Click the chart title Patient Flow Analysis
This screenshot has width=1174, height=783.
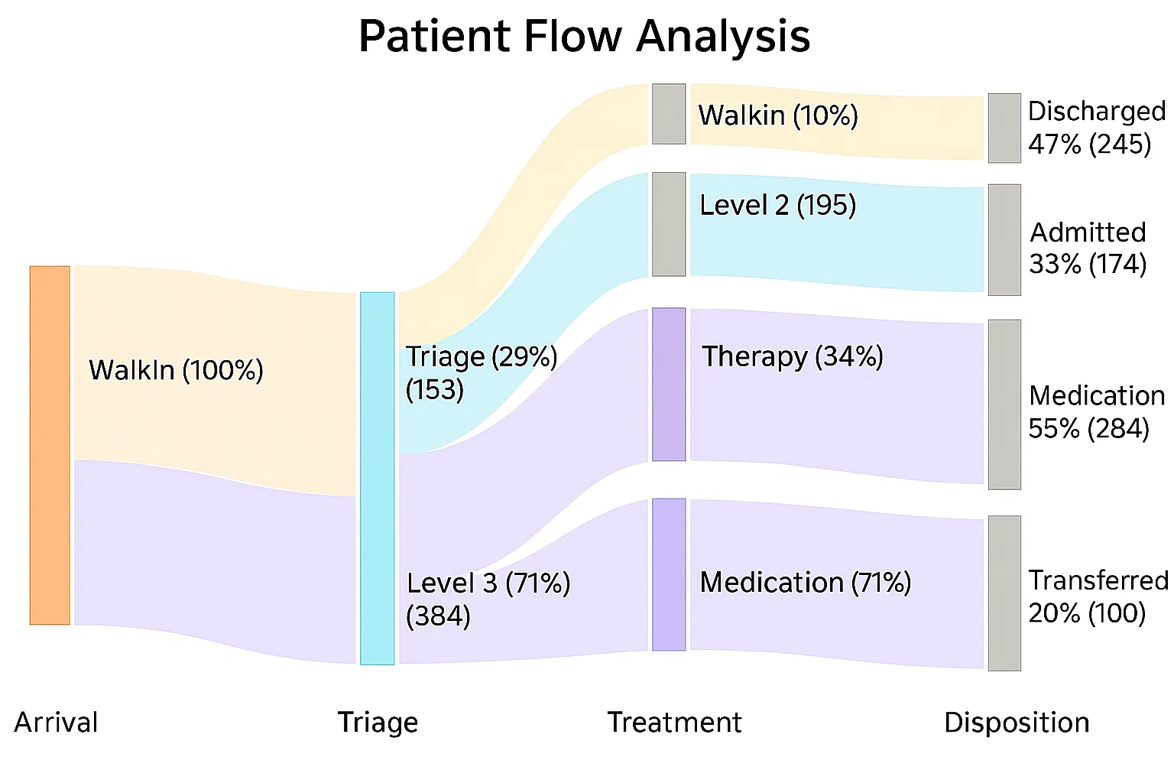[585, 36]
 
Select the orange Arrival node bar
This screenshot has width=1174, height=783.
[50, 445]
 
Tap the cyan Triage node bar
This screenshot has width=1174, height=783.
[378, 479]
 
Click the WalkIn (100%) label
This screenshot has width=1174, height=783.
[176, 370]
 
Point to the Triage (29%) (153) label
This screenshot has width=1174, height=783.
[482, 373]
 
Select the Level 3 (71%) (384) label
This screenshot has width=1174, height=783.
[488, 599]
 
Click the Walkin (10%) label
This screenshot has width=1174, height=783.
[778, 115]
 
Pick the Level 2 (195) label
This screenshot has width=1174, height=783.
[778, 205]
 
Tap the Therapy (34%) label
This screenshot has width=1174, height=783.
[793, 357]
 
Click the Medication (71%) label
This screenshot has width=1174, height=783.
[806, 582]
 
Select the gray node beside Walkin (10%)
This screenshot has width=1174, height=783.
[669, 114]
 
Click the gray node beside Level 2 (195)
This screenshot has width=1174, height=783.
[669, 224]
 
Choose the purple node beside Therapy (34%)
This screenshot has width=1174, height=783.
[669, 385]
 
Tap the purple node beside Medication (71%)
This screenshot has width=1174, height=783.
[669, 575]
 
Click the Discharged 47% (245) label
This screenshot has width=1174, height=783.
[1097, 128]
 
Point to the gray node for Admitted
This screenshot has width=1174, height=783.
[1005, 239]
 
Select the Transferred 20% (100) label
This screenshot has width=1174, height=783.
[1098, 596]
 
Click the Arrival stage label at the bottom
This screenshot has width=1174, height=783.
[56, 722]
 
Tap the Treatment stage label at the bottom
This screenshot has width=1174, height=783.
[675, 722]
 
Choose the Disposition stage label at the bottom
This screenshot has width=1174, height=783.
[1017, 723]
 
